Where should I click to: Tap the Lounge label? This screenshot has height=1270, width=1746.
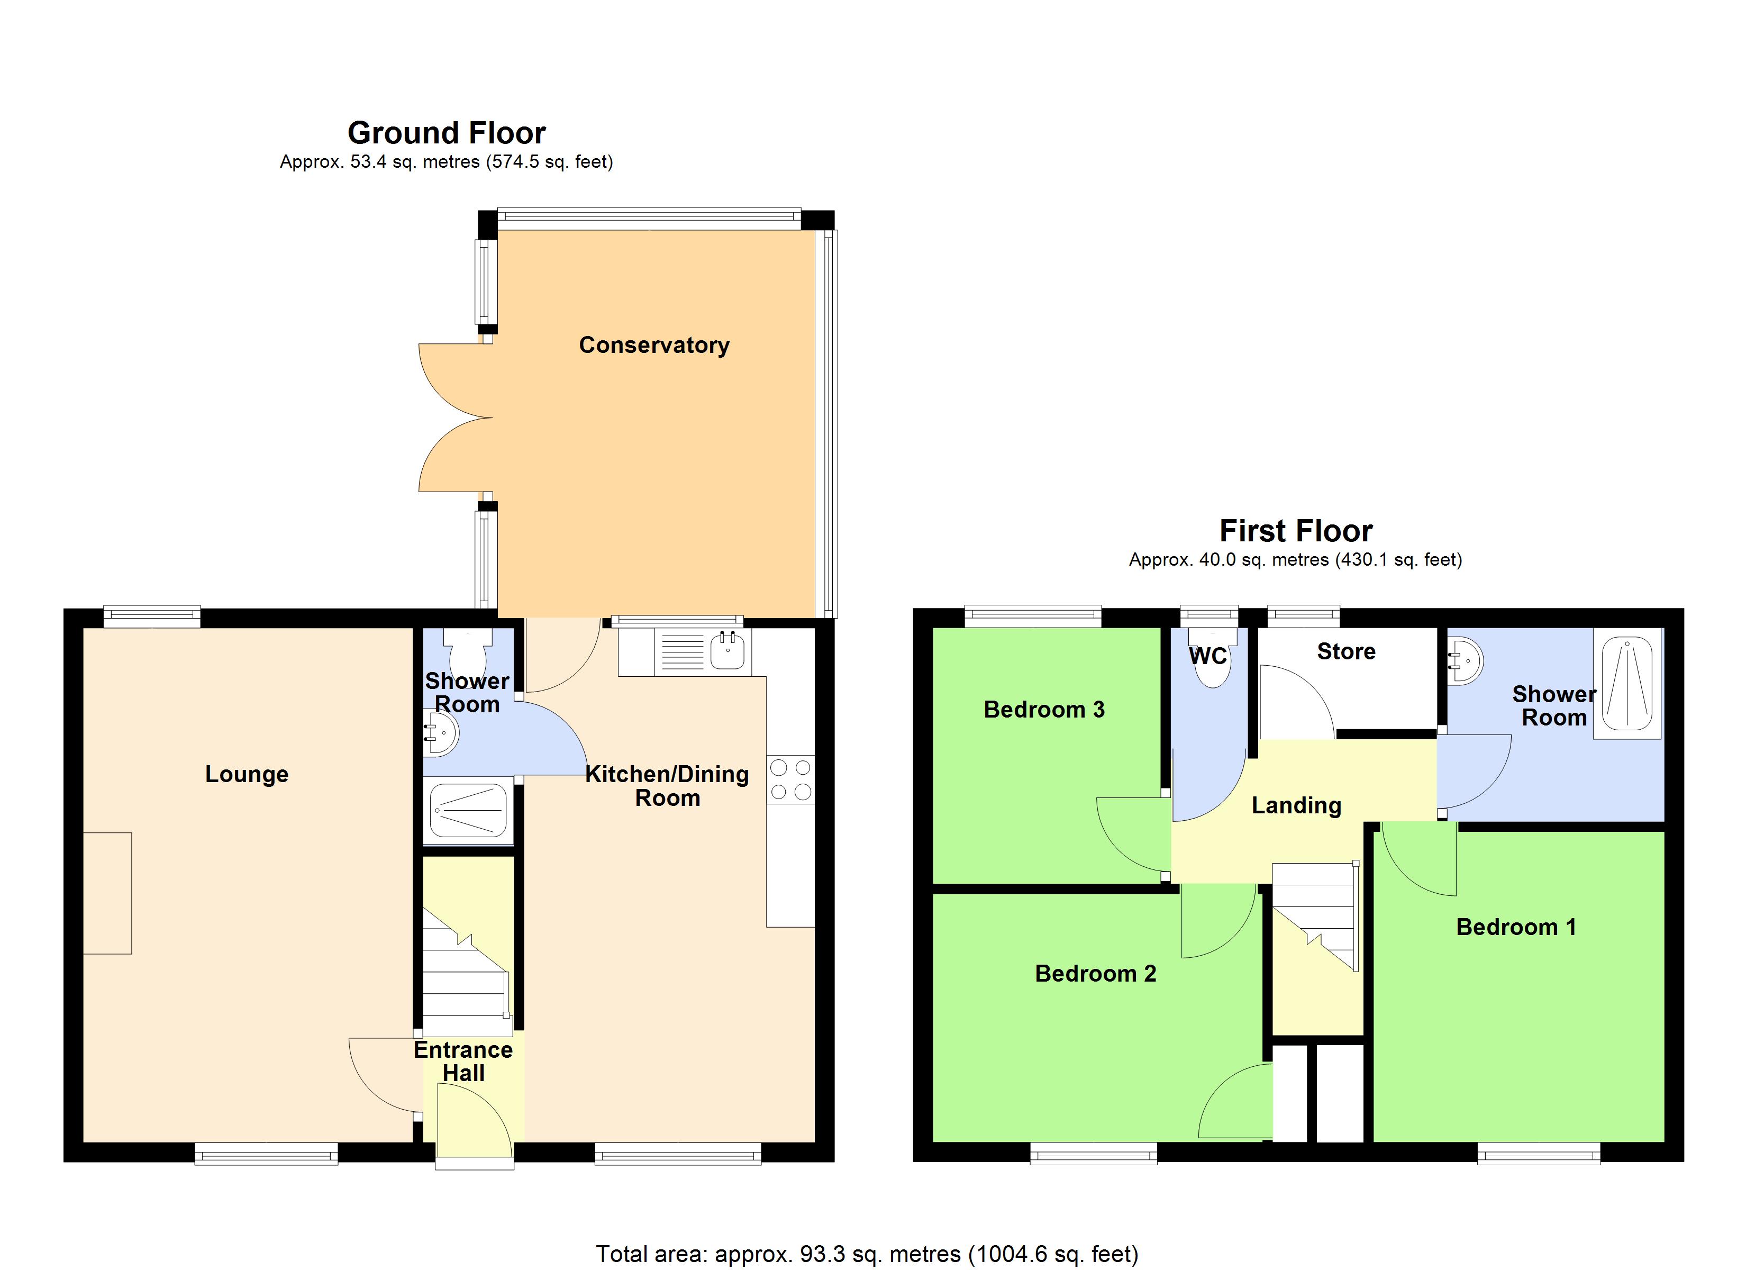(x=247, y=774)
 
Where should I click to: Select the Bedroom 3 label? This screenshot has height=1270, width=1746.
(x=1044, y=709)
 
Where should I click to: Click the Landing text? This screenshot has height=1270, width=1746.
(x=1296, y=805)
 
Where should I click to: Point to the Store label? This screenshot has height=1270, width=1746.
(x=1345, y=651)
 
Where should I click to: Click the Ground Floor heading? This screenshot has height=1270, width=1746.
(x=447, y=133)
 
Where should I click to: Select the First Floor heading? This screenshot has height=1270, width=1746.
(x=1296, y=531)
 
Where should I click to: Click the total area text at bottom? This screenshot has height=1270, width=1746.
(x=867, y=1254)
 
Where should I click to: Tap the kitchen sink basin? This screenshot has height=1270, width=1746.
(x=727, y=651)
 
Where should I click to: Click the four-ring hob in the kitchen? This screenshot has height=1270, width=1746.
(x=790, y=779)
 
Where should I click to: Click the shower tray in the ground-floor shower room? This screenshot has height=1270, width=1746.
(x=467, y=810)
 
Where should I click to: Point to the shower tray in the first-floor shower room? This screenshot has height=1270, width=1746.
(x=1626, y=684)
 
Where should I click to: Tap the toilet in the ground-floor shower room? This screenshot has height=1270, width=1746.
(x=469, y=655)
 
